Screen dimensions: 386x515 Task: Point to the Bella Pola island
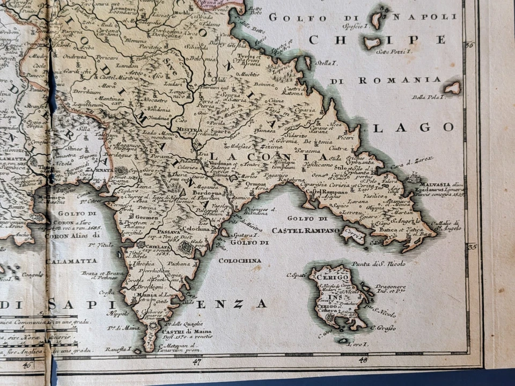(x=452, y=87)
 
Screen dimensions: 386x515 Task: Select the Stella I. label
(x=324, y=63)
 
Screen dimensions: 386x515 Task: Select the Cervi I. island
(x=352, y=234)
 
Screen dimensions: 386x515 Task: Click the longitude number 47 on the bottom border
(x=196, y=362)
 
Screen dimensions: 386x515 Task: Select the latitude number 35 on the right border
(x=472, y=247)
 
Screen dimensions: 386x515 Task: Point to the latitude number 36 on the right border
(x=470, y=45)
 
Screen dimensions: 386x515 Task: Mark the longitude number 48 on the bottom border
(x=363, y=360)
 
